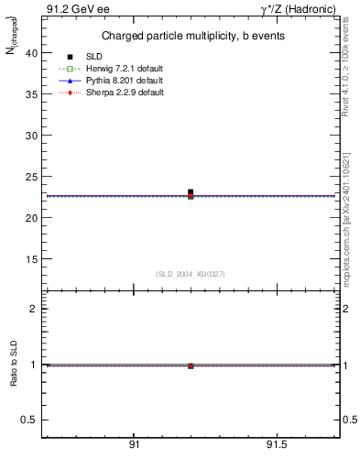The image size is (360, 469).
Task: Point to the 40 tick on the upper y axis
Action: pyautogui.click(x=31, y=53)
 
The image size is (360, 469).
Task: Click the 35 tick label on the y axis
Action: pyautogui.click(x=31, y=94)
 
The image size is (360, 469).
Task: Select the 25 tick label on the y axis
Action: pyautogui.click(x=31, y=177)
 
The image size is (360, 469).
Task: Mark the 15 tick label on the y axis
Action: pyautogui.click(x=31, y=259)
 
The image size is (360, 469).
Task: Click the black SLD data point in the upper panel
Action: pyautogui.click(x=191, y=192)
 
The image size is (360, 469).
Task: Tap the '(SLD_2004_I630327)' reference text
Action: pyautogui.click(x=190, y=274)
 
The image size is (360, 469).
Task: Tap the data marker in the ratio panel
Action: pyautogui.click(x=191, y=365)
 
